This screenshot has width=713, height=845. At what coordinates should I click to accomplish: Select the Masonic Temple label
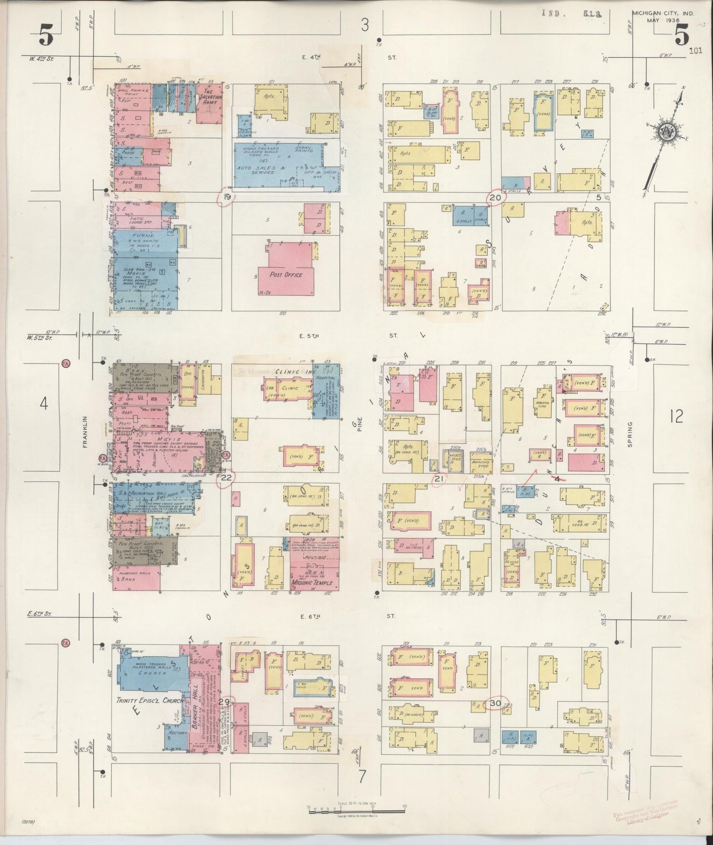coord(312,583)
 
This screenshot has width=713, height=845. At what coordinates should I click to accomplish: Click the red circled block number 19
coord(227,196)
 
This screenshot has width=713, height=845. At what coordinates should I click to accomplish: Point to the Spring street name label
coord(630,434)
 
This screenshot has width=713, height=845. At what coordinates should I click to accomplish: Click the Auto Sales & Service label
coord(261,170)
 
